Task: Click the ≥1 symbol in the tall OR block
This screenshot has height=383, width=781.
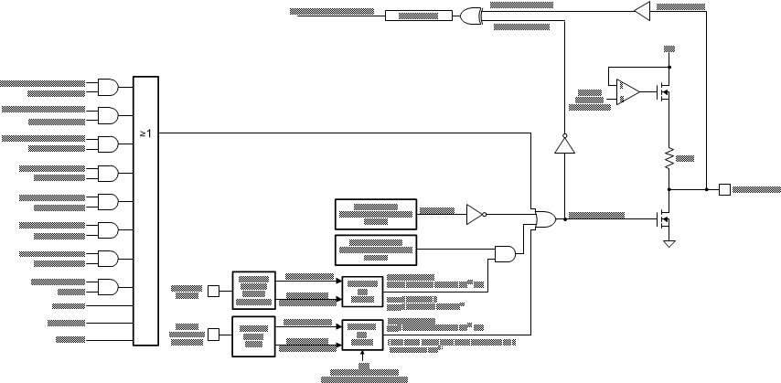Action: [145, 133]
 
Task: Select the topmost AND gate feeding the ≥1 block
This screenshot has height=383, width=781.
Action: [108, 87]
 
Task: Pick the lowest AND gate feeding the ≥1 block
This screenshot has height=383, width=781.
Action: [108, 286]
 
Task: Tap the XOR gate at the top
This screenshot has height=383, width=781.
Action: [472, 15]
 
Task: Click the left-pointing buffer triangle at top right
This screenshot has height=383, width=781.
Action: [641, 10]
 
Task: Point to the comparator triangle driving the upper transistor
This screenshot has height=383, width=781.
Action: [627, 91]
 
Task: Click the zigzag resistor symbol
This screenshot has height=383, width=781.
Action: [669, 157]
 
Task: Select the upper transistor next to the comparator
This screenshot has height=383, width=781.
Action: [666, 91]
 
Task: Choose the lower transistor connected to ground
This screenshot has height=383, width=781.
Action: [666, 219]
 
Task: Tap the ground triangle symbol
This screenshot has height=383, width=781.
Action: [669, 242]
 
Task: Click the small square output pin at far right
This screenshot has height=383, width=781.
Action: [724, 189]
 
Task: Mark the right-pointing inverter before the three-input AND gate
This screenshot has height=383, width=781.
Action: [475, 214]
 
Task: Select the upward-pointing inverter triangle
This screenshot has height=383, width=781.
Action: [563, 145]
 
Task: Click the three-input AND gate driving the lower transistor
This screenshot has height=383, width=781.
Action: [545, 219]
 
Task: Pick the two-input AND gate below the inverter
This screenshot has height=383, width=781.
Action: [505, 253]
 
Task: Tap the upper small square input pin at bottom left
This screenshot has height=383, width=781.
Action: [213, 291]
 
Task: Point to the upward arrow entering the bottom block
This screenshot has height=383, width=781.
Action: [363, 355]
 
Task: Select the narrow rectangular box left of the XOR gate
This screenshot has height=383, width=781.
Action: [418, 15]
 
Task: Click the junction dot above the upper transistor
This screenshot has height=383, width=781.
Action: [669, 67]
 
